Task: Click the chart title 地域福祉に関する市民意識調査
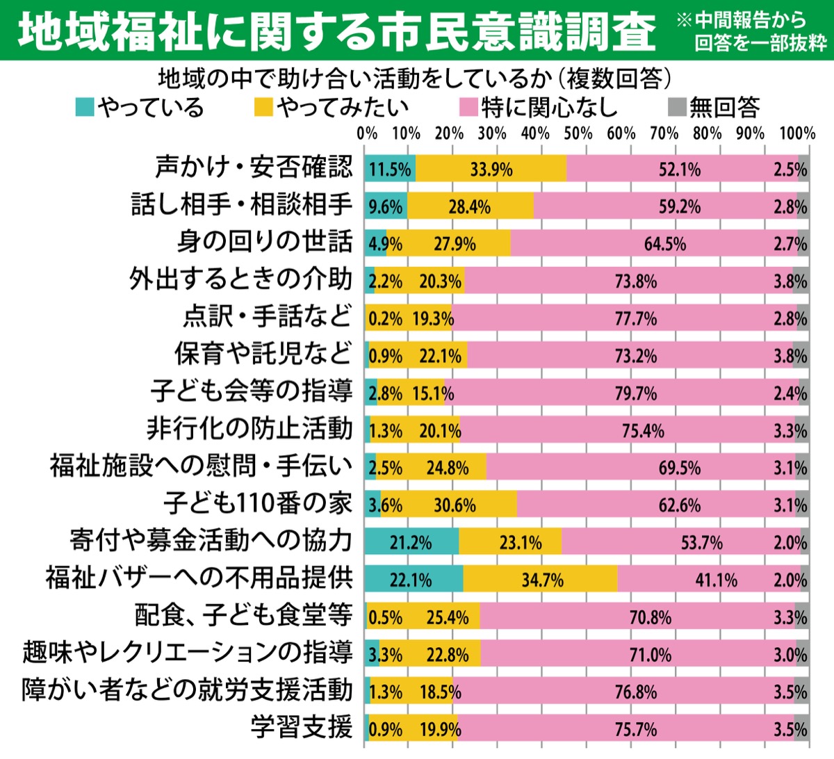tap(336, 31)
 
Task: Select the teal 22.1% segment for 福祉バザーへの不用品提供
tap(414, 579)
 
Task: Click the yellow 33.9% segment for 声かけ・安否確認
tap(491, 169)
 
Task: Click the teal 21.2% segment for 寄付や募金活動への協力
tap(411, 541)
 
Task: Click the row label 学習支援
tap(302, 728)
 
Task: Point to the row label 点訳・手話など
tap(268, 316)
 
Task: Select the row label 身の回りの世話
tap(265, 242)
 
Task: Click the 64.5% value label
tap(665, 244)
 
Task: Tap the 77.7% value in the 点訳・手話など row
tap(636, 318)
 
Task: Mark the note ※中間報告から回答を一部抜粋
tap(753, 31)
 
